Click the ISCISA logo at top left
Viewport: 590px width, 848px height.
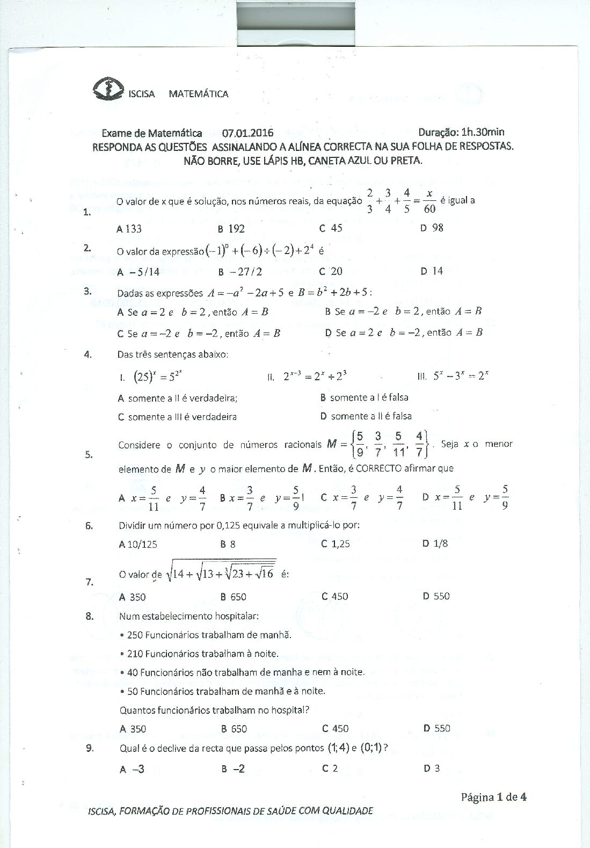[x=108, y=89]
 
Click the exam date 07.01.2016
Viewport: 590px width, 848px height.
[x=247, y=133]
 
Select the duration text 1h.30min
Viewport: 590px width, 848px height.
[x=483, y=132]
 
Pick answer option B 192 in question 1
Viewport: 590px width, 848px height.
[x=231, y=229]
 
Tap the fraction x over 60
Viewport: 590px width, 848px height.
[x=429, y=201]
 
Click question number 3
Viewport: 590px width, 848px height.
[x=88, y=291]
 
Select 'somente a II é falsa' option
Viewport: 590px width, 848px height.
[x=366, y=416]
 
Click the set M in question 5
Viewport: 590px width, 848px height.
[x=378, y=444]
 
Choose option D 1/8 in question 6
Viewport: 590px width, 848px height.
[x=435, y=543]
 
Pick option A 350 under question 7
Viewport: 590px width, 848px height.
[x=133, y=597]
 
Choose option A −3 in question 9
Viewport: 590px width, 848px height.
[x=132, y=769]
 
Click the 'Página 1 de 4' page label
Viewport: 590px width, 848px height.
[x=493, y=797]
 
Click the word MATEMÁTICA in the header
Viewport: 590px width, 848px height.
[x=199, y=94]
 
